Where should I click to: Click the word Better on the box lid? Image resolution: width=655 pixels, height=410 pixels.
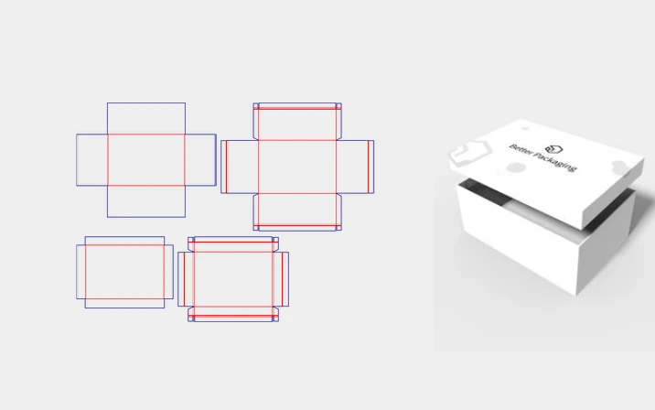[520, 150]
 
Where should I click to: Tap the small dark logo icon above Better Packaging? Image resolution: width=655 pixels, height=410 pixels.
[553, 149]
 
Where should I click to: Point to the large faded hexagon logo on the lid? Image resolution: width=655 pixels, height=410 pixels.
[468, 153]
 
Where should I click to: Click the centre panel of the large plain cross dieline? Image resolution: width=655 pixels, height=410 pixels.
[146, 159]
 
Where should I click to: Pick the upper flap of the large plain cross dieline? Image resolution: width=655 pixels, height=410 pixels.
[146, 118]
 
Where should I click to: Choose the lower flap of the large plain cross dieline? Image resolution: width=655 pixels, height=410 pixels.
[146, 201]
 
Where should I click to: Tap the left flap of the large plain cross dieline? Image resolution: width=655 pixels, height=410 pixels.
[91, 159]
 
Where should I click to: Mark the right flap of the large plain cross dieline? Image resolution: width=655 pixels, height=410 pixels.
[200, 159]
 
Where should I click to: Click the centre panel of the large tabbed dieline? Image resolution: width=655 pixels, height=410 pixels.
[297, 167]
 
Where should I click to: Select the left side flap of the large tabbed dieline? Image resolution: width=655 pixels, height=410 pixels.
[240, 167]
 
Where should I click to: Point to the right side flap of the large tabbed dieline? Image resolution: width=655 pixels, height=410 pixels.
[355, 167]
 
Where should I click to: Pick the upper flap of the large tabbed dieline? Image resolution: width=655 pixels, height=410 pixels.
[297, 122]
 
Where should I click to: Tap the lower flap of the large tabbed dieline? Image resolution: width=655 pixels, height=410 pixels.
[297, 212]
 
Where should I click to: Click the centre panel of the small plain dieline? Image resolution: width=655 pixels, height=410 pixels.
[124, 272]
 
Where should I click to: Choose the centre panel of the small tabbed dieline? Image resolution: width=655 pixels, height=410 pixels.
[233, 279]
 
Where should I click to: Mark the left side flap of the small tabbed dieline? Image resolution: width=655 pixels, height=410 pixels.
[187, 279]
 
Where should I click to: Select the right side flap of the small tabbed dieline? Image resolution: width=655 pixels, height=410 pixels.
[281, 279]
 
